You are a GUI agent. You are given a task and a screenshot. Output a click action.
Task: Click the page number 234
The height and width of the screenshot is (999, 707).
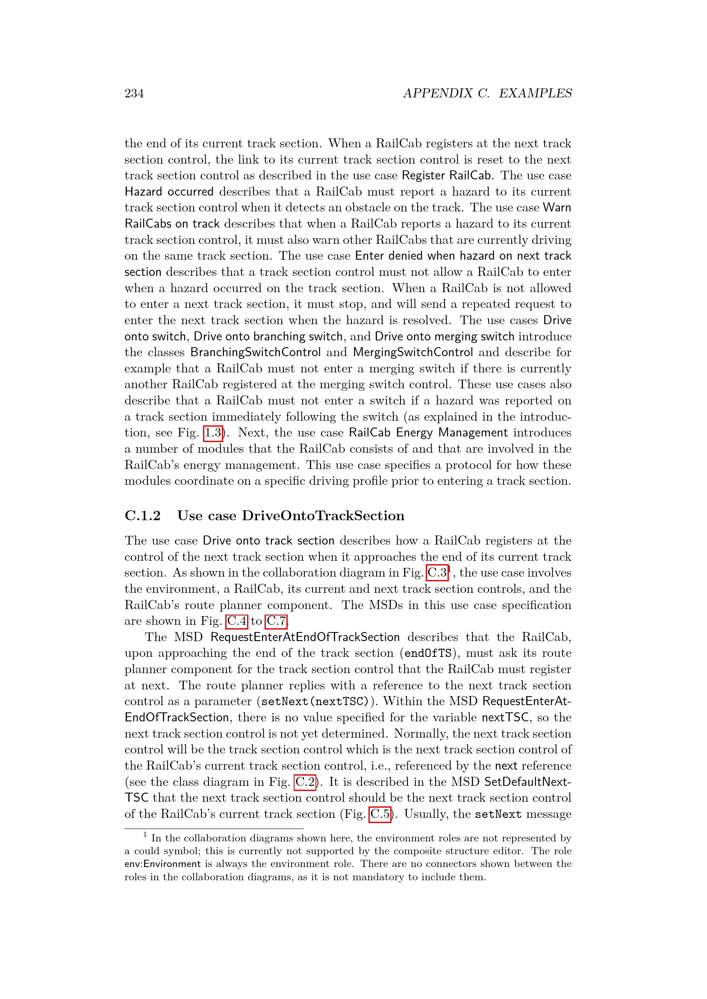coord(134,93)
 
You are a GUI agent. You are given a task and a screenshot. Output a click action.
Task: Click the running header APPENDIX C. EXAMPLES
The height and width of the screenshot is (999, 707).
coord(487,93)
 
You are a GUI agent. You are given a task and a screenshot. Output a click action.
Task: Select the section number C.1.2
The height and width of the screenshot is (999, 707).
coord(142,516)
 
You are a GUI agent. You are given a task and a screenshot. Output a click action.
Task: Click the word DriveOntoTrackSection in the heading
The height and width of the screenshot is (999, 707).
coord(323,516)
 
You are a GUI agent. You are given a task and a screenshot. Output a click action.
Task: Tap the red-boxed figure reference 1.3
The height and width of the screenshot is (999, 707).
coord(213,433)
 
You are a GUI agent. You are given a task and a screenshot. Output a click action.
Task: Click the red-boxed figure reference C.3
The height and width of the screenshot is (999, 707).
coord(437,573)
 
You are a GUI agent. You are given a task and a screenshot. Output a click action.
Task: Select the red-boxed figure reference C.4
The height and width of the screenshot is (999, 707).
coord(237,621)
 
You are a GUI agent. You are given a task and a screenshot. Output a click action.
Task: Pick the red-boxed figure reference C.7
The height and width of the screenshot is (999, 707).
coord(276,621)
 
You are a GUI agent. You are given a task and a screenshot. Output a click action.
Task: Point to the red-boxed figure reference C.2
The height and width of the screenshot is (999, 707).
coord(305,782)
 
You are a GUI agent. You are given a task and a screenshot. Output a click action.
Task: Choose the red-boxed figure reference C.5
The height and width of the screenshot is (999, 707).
coord(380,814)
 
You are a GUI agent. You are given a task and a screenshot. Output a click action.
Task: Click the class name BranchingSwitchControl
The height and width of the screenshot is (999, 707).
coord(256,352)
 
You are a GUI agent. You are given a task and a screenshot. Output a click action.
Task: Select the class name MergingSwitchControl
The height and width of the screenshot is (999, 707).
coord(413,352)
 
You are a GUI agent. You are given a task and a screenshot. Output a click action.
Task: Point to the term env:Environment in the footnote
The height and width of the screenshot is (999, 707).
coord(162,864)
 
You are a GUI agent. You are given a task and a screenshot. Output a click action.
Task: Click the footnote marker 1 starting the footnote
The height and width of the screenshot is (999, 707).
coord(145,835)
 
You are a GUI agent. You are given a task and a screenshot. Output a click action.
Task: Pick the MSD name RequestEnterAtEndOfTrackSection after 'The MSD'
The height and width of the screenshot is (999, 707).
coord(305,637)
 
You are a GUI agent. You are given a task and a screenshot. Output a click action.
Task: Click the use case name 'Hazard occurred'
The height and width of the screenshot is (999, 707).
coord(169,192)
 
